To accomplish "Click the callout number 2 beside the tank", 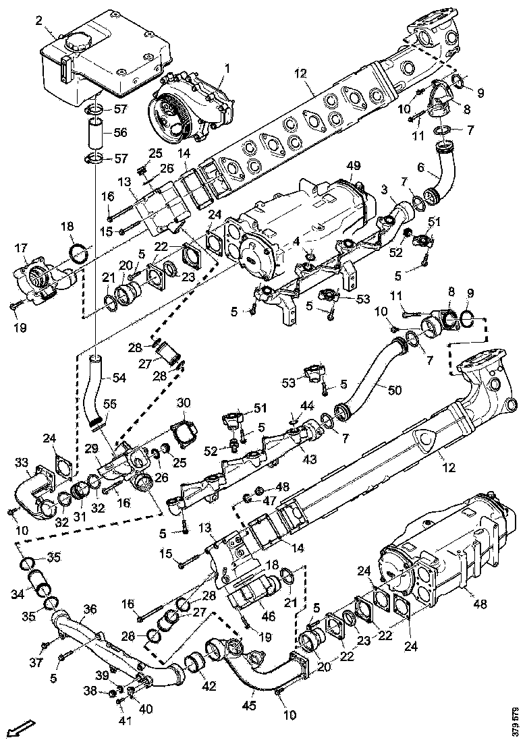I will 39,21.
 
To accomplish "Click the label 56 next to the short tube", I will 120,133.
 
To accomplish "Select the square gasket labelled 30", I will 182,432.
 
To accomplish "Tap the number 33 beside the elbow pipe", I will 22,461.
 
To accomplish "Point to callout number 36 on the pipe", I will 89,608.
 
